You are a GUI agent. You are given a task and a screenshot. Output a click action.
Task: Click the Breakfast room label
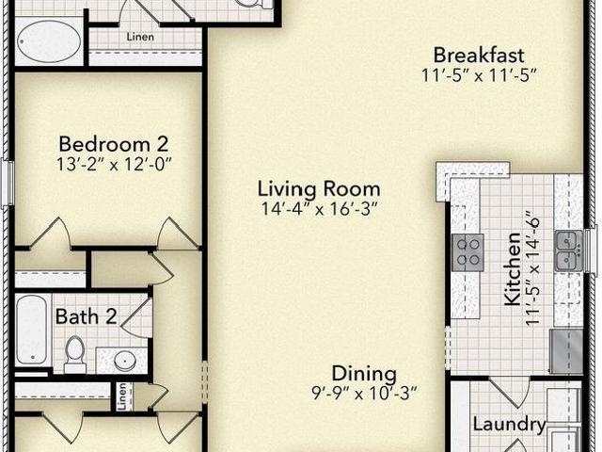click(x=479, y=55)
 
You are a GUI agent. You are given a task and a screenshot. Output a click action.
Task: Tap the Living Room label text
click(x=319, y=188)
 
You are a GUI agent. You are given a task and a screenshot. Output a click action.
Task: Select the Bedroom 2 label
click(x=114, y=144)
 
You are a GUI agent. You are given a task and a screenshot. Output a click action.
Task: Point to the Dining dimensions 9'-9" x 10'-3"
click(x=364, y=393)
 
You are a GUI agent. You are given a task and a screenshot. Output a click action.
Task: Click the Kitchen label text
click(x=513, y=269)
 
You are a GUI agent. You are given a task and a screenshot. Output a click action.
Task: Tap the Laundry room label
click(x=509, y=425)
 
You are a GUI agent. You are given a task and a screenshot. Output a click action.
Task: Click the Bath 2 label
click(x=86, y=316)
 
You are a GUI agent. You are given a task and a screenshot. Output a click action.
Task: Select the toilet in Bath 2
click(x=75, y=354)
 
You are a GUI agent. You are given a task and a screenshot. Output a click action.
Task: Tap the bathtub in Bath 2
click(x=32, y=330)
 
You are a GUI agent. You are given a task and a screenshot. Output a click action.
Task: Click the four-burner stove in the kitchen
click(x=467, y=252)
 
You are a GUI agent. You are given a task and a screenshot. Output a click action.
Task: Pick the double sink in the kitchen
click(x=568, y=250)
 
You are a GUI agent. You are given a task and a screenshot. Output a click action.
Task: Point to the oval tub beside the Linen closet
click(x=49, y=41)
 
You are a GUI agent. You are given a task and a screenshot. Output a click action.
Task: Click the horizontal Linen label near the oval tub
click(x=140, y=37)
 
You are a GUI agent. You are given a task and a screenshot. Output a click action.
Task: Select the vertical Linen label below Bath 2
click(x=122, y=396)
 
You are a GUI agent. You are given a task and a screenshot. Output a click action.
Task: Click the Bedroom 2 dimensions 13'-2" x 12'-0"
click(x=114, y=165)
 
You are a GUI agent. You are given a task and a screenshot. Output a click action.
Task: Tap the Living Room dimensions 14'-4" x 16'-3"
click(x=319, y=209)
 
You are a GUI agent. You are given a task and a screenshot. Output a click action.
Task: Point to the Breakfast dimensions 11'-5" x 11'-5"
click(x=479, y=75)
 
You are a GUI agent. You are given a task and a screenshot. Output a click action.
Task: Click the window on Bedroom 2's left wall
click(x=8, y=185)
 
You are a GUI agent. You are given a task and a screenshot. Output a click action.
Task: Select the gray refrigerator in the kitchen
click(x=566, y=351)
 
